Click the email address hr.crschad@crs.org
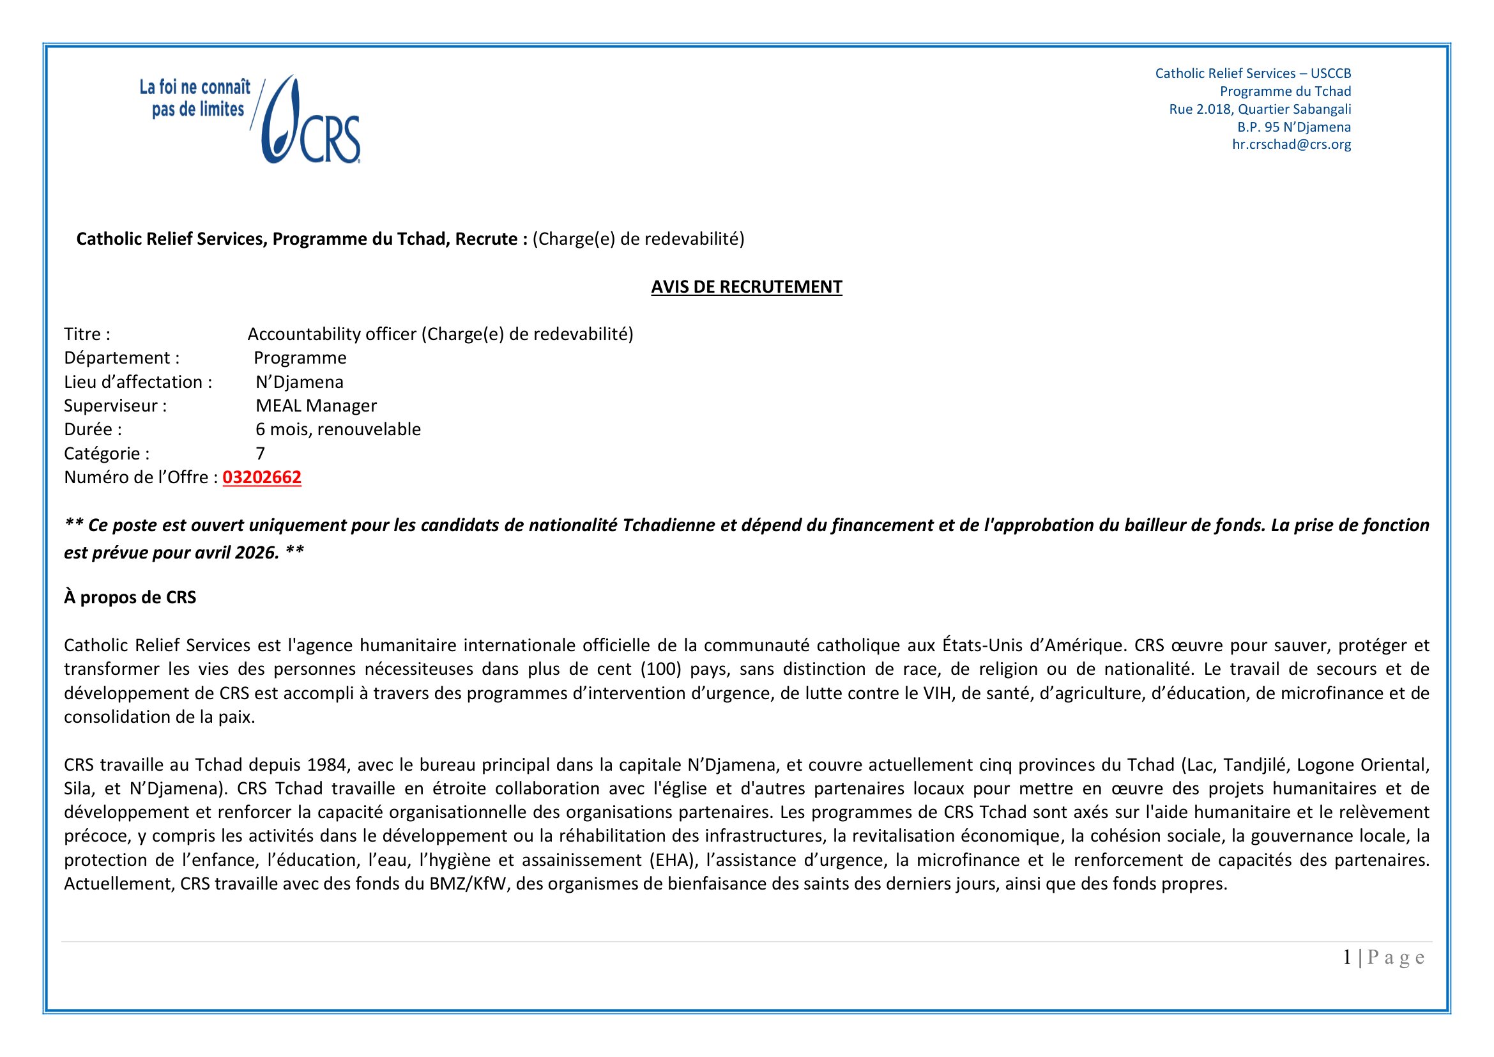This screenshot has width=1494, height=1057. click(x=1291, y=144)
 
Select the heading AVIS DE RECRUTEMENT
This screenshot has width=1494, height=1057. click(x=746, y=287)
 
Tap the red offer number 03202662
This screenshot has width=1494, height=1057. click(x=262, y=478)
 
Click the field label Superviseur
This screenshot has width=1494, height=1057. click(x=115, y=406)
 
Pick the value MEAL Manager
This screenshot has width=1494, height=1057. click(x=316, y=406)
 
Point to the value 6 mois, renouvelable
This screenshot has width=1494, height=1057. click(x=338, y=429)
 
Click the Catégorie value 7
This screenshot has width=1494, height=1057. click(x=260, y=454)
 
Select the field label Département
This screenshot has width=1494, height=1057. click(x=122, y=358)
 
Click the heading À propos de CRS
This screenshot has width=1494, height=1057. click(x=130, y=598)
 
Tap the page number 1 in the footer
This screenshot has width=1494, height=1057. click(x=1347, y=957)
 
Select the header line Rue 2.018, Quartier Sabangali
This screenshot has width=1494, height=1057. click(x=1260, y=109)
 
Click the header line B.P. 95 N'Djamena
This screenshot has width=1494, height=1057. click(x=1293, y=127)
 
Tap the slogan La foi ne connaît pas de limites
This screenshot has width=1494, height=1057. click(x=196, y=99)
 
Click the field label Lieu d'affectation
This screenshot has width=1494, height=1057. click(x=138, y=382)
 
